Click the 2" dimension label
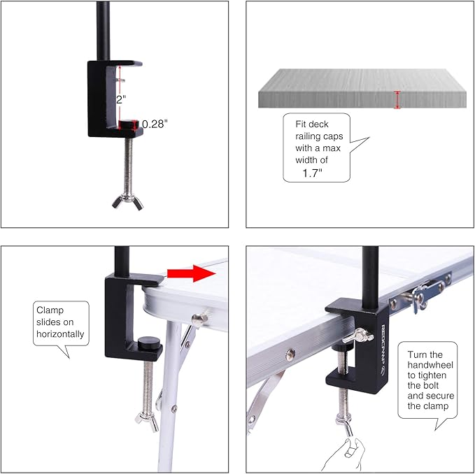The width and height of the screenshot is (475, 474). point(120,99)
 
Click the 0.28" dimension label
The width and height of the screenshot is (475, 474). point(155,124)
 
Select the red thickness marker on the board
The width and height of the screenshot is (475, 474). point(397,99)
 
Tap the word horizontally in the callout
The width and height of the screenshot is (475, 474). point(60,333)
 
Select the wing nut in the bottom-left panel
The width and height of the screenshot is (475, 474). point(145,417)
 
